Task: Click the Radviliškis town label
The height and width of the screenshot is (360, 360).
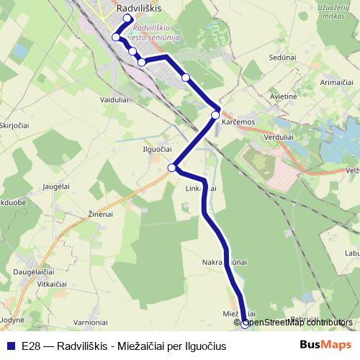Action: [139, 7]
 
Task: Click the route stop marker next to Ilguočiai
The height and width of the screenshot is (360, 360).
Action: [172, 168]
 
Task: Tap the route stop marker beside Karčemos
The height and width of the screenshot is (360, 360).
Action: [215, 114]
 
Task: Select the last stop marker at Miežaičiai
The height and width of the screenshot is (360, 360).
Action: [245, 323]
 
